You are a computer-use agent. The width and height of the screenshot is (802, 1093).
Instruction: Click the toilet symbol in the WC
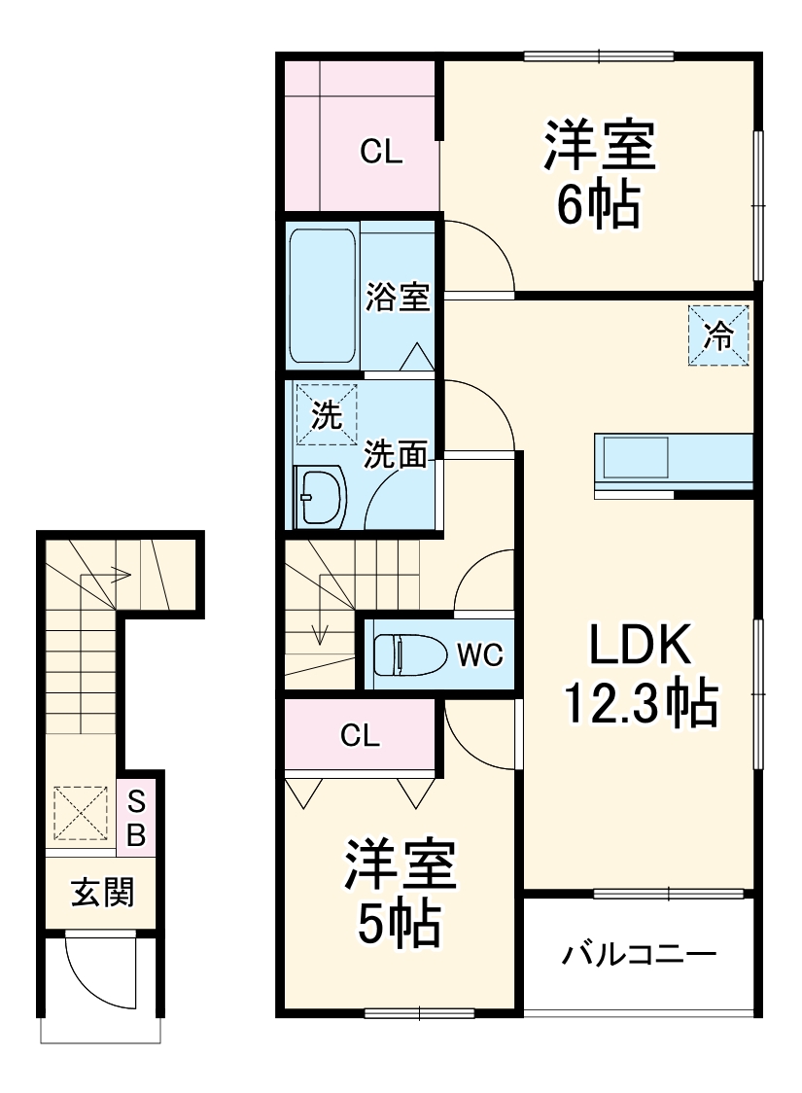pyautogui.click(x=400, y=654)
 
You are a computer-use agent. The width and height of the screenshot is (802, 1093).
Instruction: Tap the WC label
pyautogui.click(x=480, y=655)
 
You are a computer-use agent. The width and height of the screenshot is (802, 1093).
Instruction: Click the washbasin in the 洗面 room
pyautogui.click(x=320, y=497)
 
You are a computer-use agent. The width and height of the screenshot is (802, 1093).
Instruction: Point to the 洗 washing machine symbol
pyautogui.click(x=327, y=415)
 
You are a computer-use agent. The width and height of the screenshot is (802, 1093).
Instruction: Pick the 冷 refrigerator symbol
pyautogui.click(x=719, y=336)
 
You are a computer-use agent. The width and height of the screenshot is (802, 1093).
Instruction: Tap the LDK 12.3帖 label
pyautogui.click(x=641, y=676)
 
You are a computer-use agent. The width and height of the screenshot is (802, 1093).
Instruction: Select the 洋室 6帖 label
pyautogui.click(x=599, y=175)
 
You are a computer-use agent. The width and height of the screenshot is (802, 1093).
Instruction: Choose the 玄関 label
pyautogui.click(x=101, y=892)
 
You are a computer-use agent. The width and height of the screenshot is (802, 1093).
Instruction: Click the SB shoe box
pyautogui.click(x=137, y=818)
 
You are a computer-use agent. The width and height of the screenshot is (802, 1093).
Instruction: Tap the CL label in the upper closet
pyautogui.click(x=381, y=152)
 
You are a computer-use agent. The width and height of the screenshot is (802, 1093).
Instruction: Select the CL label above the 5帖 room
pyautogui.click(x=360, y=736)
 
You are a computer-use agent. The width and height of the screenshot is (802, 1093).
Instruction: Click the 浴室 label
pyautogui.click(x=397, y=297)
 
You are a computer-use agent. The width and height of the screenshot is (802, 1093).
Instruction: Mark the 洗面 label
pyautogui.click(x=397, y=453)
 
